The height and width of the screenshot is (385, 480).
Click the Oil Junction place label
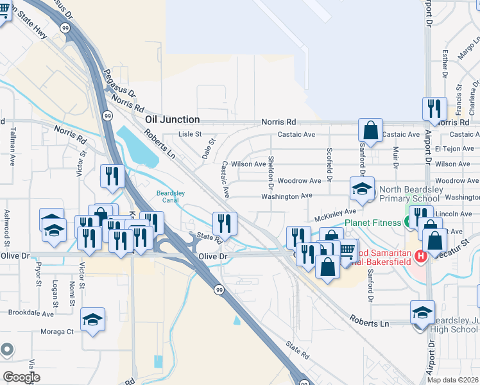tap(172, 120)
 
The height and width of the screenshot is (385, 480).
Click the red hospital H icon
tap(421, 256)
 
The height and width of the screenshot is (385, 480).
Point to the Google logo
tap(21, 377)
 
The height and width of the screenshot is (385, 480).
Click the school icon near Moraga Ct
tap(93, 320)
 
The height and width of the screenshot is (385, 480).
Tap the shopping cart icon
tap(347, 249)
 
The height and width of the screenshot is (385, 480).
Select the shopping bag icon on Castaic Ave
tap(371, 130)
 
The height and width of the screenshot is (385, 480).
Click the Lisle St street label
tap(189, 135)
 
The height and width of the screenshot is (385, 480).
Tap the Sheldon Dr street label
tap(271, 167)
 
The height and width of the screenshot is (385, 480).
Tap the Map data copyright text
tap(453, 380)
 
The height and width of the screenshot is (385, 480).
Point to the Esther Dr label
tap(445, 64)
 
